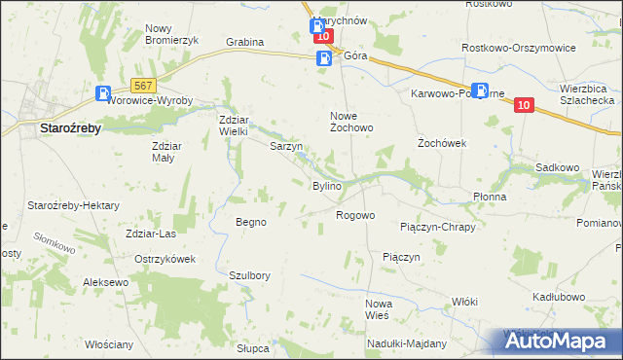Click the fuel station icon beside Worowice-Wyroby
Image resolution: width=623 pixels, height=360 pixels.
(x=103, y=94)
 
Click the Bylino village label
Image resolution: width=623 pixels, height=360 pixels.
(x=325, y=186)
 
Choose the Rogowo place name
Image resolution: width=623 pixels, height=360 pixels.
(x=355, y=215)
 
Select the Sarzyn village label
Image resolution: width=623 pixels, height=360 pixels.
(x=286, y=147)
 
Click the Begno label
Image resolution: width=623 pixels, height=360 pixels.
(x=251, y=222)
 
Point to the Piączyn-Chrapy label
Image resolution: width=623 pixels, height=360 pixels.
(x=437, y=227)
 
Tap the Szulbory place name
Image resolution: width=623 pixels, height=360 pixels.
(x=248, y=275)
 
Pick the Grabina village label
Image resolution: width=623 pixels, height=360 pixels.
(x=245, y=43)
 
